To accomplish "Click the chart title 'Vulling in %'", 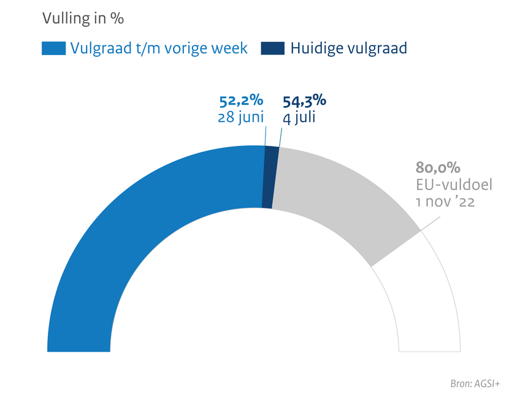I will (x=83, y=19).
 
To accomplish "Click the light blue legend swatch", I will (x=53, y=48).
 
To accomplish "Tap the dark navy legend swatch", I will (x=272, y=48).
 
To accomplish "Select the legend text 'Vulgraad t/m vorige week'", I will (x=159, y=48).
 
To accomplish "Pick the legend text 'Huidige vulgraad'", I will (x=348, y=48).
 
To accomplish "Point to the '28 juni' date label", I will (x=241, y=117).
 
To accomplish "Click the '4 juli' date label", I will (x=299, y=117).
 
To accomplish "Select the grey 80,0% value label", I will (x=438, y=168).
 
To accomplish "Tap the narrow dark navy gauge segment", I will (x=269, y=178).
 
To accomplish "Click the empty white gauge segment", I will (x=423, y=294).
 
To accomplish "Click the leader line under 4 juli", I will (x=280, y=138).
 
